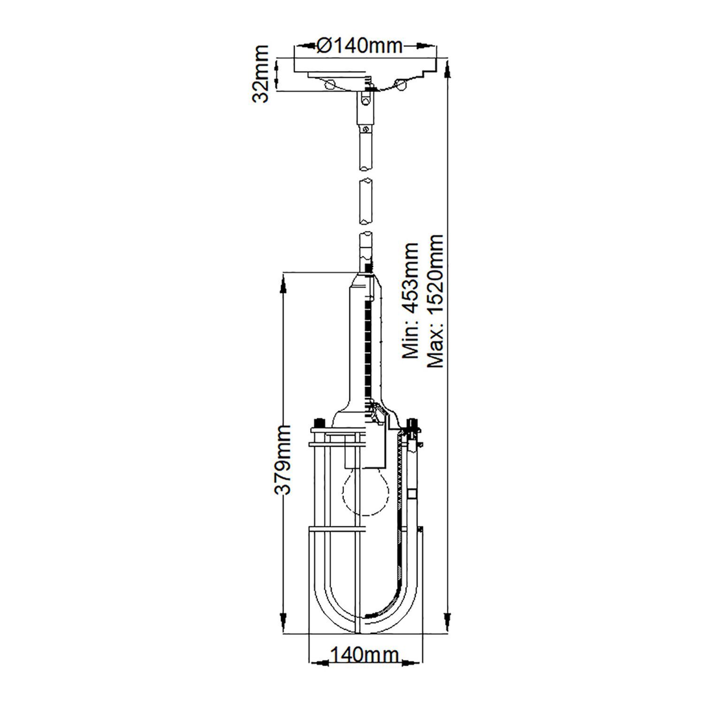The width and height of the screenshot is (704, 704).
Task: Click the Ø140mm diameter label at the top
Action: tap(360, 46)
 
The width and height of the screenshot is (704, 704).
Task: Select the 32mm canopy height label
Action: tap(260, 74)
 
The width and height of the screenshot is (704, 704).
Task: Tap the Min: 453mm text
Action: tap(411, 300)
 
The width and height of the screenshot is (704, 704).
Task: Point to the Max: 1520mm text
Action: tap(436, 300)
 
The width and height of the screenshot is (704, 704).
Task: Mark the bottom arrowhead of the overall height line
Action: tap(447, 622)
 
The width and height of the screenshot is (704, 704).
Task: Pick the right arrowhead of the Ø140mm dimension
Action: tap(419, 46)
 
